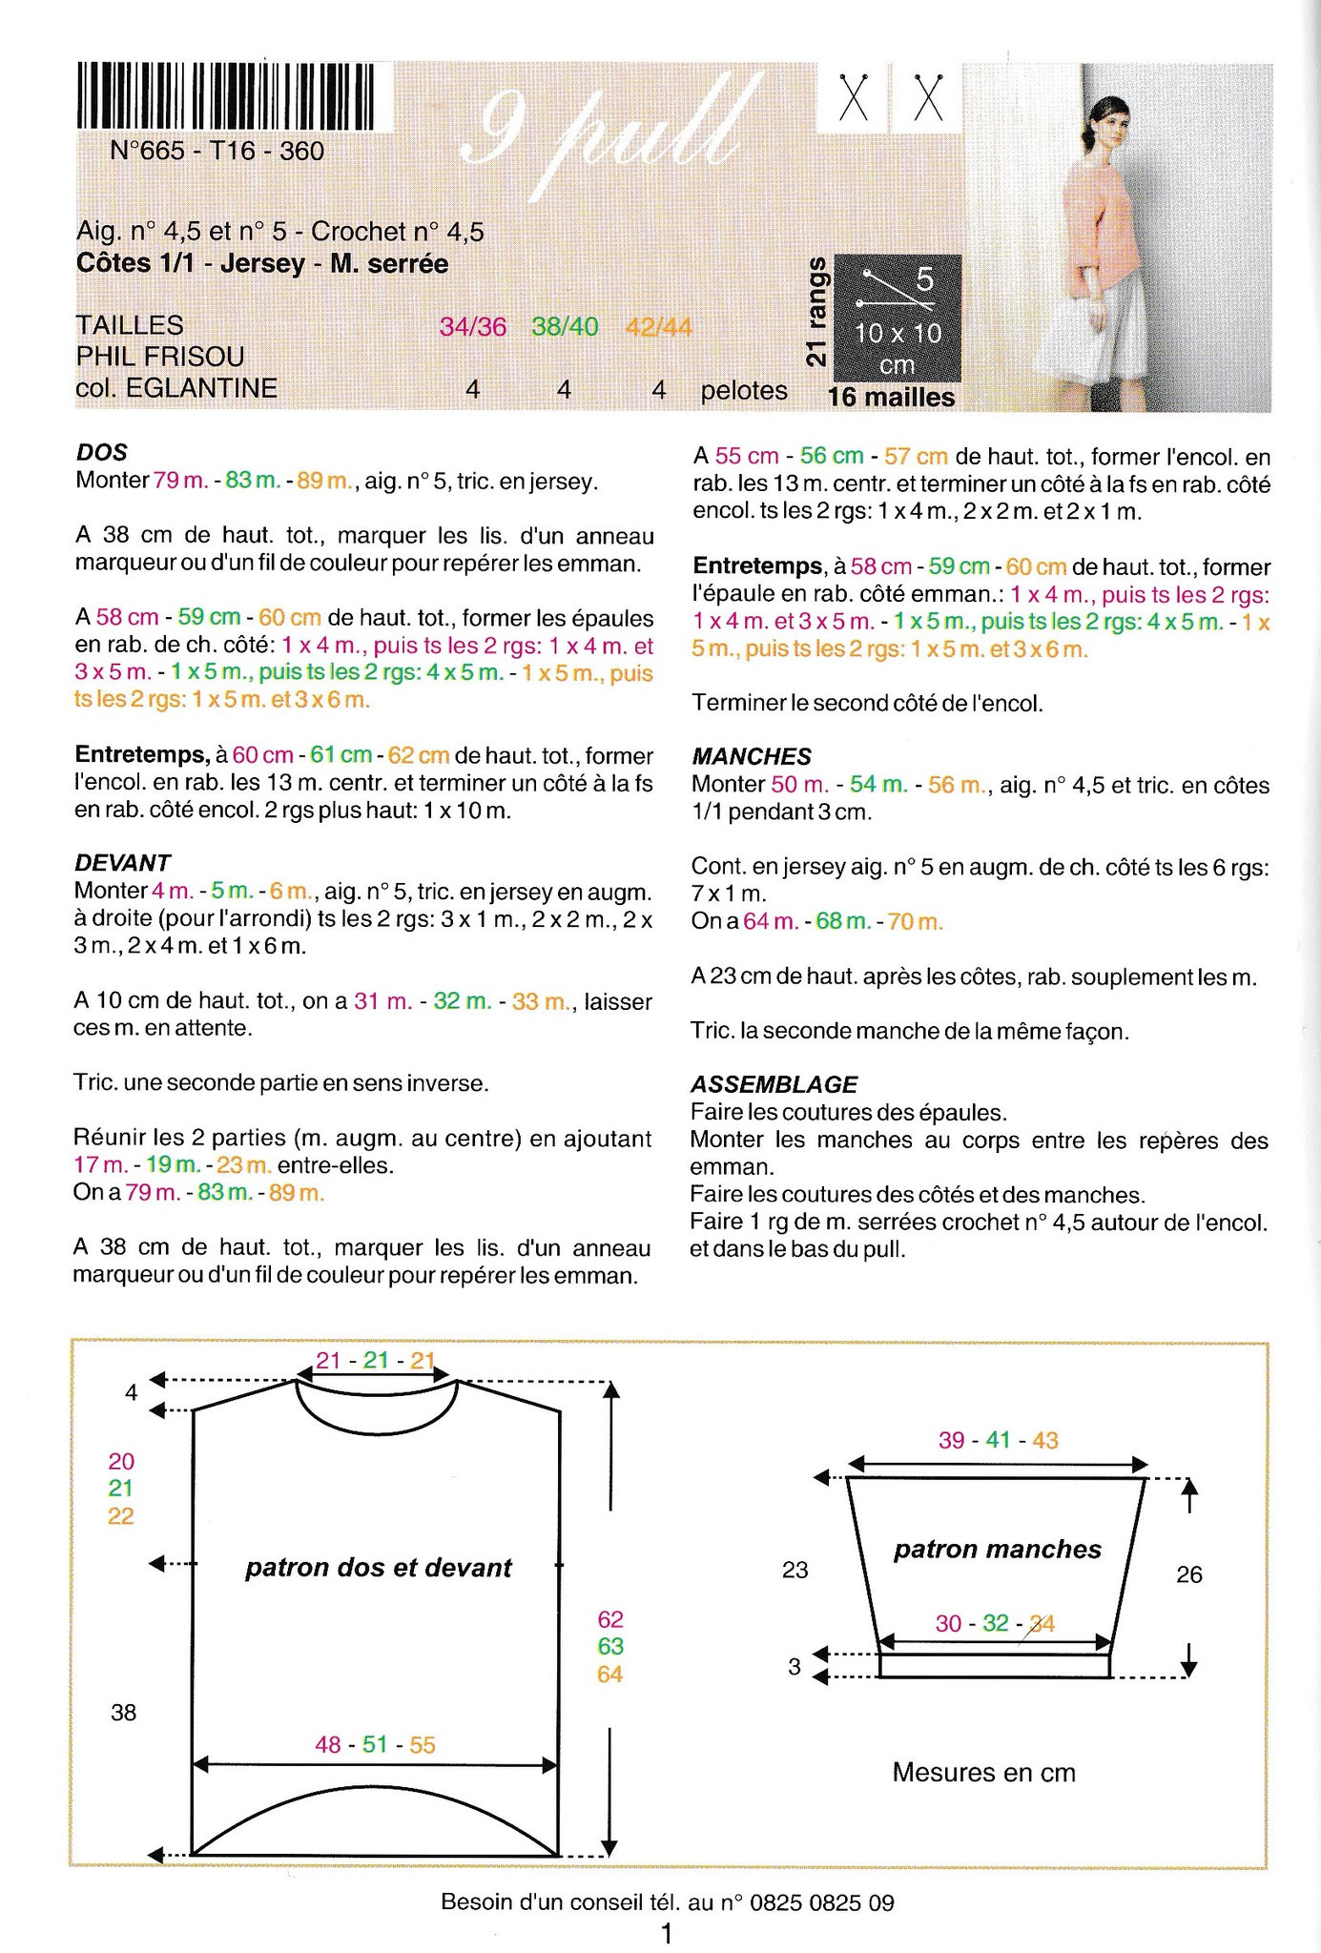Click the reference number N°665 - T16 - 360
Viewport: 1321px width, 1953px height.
[217, 151]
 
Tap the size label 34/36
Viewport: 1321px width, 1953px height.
[472, 327]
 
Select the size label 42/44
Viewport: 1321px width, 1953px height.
[658, 327]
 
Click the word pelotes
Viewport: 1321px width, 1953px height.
[744, 391]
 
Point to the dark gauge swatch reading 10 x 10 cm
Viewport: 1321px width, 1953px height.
[897, 319]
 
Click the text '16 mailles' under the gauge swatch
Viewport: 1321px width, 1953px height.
[891, 398]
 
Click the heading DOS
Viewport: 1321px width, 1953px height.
[101, 452]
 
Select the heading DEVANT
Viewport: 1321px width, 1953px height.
[122, 863]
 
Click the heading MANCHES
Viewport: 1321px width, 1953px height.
[752, 756]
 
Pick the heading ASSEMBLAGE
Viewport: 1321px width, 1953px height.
[774, 1084]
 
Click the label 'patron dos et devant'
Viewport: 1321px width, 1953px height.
[379, 1568]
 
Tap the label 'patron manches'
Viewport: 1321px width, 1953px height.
[997, 1550]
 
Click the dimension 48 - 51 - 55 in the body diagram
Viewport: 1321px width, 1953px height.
[375, 1745]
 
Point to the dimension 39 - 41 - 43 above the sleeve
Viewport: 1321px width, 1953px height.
[998, 1441]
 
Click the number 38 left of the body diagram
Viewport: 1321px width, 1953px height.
[124, 1713]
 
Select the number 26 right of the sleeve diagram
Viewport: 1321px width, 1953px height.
[1188, 1574]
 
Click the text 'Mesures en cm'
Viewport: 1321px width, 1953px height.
[983, 1773]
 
